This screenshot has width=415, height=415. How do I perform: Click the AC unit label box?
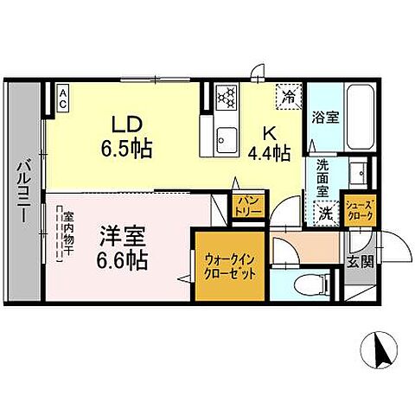(x=64, y=97)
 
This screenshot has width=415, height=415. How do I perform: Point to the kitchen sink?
(x=227, y=137)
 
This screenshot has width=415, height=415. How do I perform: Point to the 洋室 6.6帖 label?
(x=122, y=246)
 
